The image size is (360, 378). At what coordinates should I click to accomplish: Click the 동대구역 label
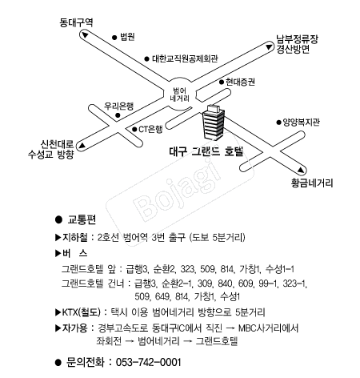pos(76,22)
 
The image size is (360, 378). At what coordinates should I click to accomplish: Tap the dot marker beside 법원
pos(114,38)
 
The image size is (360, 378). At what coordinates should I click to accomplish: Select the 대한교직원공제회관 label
pos(185,58)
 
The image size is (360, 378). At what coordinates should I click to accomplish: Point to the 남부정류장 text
pos(297,39)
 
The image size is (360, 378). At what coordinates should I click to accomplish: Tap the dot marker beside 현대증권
pos(222,82)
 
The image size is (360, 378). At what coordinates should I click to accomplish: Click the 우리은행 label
pos(118,107)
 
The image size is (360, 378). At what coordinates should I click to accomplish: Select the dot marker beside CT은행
pos(134,130)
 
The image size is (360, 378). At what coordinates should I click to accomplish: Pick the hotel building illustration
pos(214,123)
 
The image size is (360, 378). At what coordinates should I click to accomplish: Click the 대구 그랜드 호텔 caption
pos(206,151)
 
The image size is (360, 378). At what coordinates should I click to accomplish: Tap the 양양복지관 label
pos(301,123)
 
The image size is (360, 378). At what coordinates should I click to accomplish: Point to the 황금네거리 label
pos(312,183)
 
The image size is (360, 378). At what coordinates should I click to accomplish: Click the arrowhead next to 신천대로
pos(82,146)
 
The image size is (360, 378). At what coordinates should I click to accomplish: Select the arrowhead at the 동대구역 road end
pos(86,35)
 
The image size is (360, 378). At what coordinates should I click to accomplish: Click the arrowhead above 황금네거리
pos(301,170)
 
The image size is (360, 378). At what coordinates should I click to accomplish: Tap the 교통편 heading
pos(82,219)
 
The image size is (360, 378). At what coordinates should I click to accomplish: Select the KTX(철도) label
pos(82,312)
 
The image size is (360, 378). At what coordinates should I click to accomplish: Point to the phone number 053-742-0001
pos(149,362)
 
